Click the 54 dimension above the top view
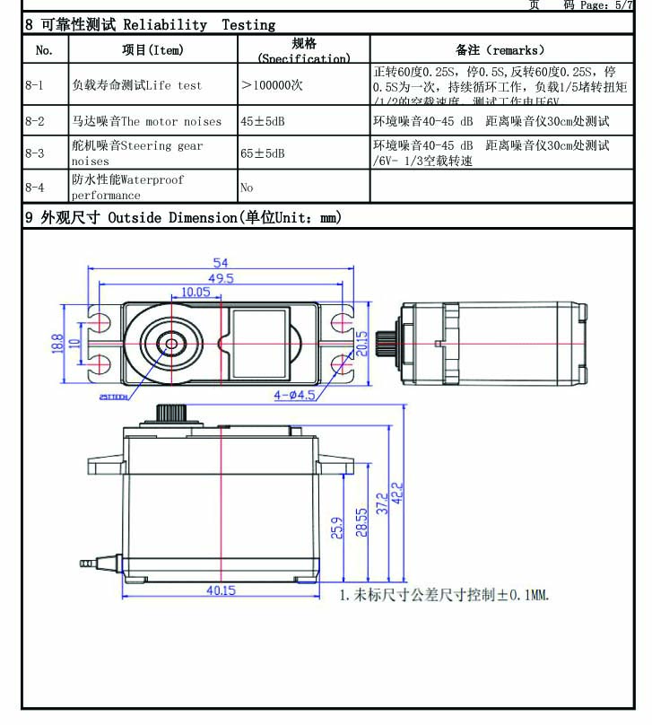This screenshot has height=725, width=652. tap(220, 263)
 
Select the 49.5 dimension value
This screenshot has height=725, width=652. tap(221, 279)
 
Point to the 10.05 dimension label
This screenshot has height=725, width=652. tap(195, 293)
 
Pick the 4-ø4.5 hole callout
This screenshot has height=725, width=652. tap(295, 393)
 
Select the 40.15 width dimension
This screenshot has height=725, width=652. tap(221, 590)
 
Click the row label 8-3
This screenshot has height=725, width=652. tap(35, 153)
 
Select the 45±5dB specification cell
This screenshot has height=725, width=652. tap(262, 120)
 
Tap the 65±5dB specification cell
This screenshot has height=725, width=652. tap(262, 153)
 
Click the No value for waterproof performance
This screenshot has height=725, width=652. tap(247, 188)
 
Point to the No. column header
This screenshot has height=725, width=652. tap(44, 50)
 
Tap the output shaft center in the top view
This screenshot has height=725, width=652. tap(170, 343)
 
